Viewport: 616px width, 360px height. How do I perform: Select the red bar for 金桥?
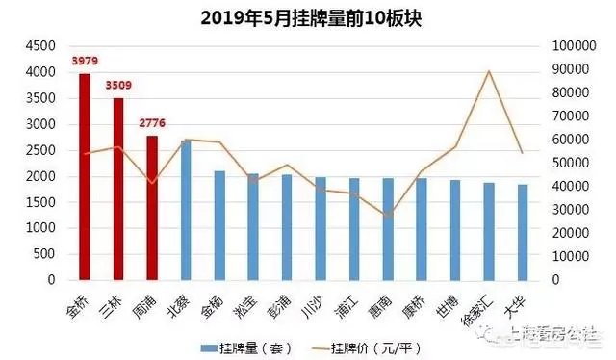(85, 177)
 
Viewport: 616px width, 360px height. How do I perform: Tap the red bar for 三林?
(118, 189)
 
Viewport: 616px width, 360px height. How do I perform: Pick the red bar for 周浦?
(152, 208)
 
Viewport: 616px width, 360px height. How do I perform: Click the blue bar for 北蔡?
(186, 210)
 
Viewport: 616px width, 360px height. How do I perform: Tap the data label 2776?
(153, 124)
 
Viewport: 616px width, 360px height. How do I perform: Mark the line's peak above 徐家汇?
(489, 71)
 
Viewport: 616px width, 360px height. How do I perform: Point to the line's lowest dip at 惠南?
(388, 216)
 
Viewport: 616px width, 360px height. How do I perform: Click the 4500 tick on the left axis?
(39, 46)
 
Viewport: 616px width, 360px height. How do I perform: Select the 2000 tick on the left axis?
(39, 177)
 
